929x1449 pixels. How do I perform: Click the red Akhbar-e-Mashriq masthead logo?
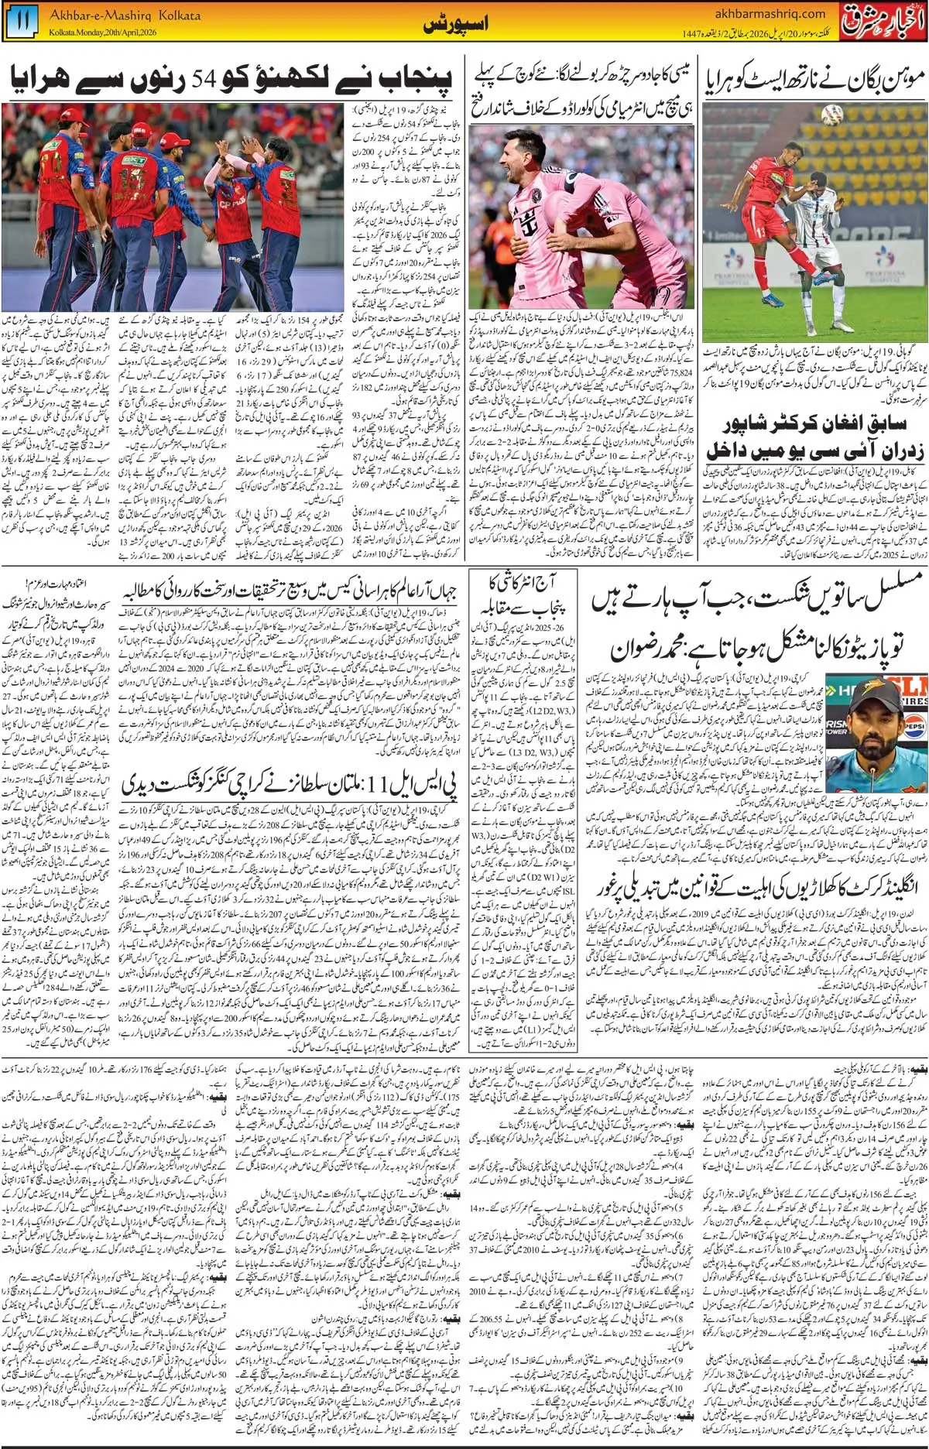coord(883,21)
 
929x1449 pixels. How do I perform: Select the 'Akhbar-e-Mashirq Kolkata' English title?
coord(125,15)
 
